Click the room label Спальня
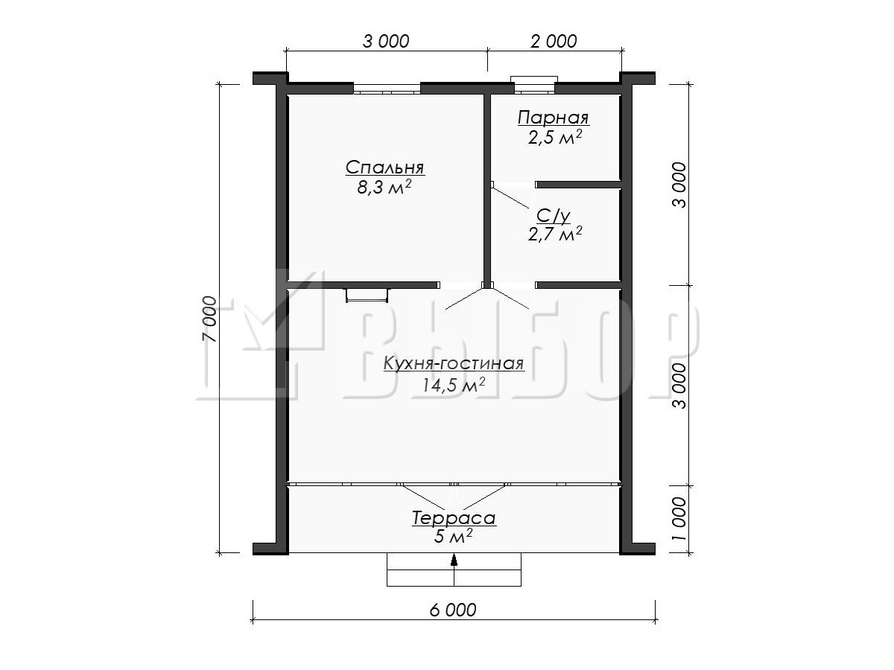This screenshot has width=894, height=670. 385,167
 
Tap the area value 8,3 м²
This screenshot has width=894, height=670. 384,187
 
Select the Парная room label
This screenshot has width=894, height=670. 554,118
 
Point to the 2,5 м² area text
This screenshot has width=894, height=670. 555,138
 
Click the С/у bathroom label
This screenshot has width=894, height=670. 553,217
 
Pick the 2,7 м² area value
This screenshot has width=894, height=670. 555,234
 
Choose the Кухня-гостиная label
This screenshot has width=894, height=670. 453,364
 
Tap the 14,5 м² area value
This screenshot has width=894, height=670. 453,384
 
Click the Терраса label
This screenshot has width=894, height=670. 454,519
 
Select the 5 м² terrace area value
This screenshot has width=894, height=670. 453,537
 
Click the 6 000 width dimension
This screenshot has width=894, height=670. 452,610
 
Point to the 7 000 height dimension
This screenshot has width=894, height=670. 209,319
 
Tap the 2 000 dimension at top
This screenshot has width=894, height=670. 554,41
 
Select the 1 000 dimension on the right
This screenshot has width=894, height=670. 679,518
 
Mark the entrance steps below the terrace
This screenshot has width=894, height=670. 454,569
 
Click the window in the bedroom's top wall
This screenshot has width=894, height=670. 387,89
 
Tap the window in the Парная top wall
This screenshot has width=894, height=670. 534,85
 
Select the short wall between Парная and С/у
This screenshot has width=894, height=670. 579,185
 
